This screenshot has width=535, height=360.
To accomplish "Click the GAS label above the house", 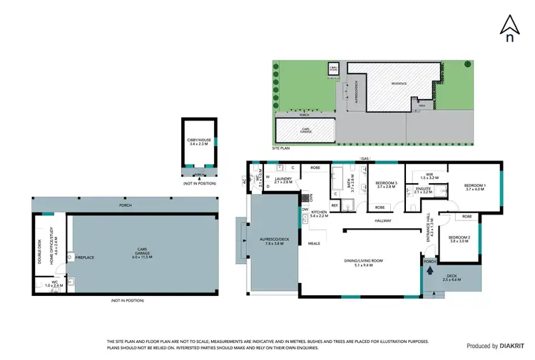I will click(x=365, y=159).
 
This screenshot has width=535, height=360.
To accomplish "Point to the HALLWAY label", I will click(x=384, y=221).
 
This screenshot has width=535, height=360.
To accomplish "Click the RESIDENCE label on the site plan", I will click(x=399, y=83).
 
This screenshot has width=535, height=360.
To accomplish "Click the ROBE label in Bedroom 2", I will click(x=467, y=216).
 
